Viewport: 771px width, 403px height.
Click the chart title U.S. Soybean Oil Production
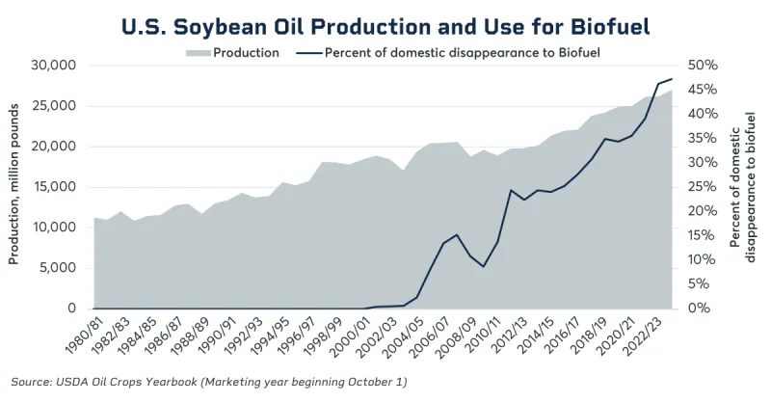click(385, 23)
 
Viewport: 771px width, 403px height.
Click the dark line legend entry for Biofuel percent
click(462, 52)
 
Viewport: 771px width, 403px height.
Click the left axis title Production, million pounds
click(14, 187)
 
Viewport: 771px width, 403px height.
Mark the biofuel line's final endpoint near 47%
click(672, 79)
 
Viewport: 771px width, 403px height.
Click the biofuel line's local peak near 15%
click(457, 234)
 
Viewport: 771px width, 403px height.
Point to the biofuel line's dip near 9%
click(484, 266)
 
